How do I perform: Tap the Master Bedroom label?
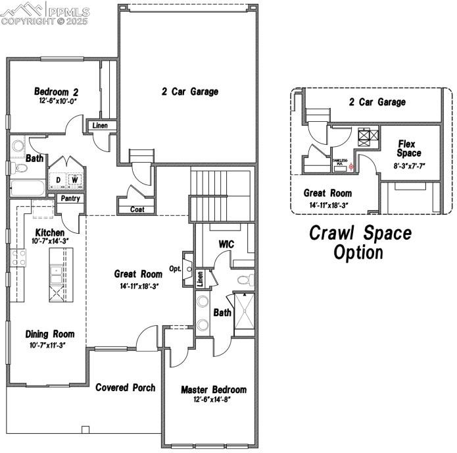pos(214,390)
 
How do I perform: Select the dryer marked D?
pos(59,180)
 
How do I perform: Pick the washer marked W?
pos(75,180)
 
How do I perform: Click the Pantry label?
pos(70,198)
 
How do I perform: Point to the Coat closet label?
pos(137,210)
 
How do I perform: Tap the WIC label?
pos(226,244)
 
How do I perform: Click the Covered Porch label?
pos(126,387)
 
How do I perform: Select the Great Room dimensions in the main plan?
pos(138,286)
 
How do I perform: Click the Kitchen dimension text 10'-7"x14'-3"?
pos(50,241)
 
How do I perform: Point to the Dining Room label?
pos(50,334)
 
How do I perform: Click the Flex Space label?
pos(409,148)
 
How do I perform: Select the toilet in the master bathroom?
pos(245,280)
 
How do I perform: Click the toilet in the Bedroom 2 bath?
pos(20,169)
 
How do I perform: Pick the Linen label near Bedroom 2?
pos(100,126)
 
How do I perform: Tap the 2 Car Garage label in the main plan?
pos(189,92)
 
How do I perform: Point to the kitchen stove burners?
pos(18,257)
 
